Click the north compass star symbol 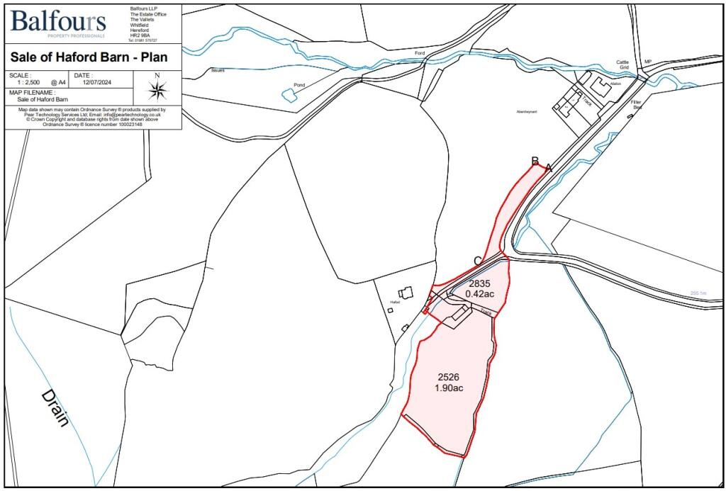point(157,89)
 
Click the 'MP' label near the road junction point(647,62)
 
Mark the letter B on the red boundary point(535,161)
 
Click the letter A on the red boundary point(548,167)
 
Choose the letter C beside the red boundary point(478,261)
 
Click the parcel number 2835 point(480,283)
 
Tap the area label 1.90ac point(449,388)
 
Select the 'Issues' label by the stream point(218,71)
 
